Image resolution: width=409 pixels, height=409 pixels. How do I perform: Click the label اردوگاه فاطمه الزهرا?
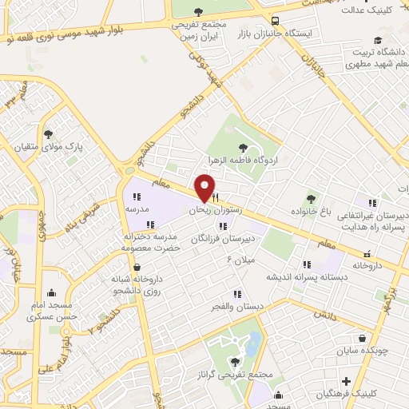(x=242, y=161)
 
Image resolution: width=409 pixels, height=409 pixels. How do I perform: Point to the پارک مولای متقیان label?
(x=73, y=148)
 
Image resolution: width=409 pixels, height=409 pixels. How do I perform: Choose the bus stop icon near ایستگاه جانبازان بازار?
(x=276, y=22)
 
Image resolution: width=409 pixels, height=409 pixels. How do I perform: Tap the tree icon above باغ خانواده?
(x=312, y=198)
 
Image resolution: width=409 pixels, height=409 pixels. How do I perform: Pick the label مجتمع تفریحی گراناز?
(x=239, y=375)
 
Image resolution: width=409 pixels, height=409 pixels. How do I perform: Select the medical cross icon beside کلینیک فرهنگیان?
(x=345, y=380)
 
